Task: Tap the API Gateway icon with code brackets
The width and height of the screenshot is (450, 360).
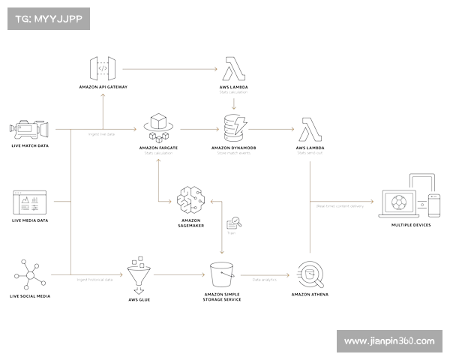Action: pos(103,69)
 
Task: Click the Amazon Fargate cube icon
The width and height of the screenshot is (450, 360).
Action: pos(157,127)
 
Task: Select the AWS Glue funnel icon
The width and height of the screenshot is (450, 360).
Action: pos(136,276)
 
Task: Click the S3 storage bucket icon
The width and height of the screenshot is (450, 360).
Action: pos(222,275)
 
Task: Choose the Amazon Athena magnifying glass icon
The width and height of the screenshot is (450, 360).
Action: pos(310,275)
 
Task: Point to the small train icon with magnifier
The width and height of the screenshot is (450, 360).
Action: pos(233,223)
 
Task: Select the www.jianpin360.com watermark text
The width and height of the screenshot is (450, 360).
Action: pos(389,341)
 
